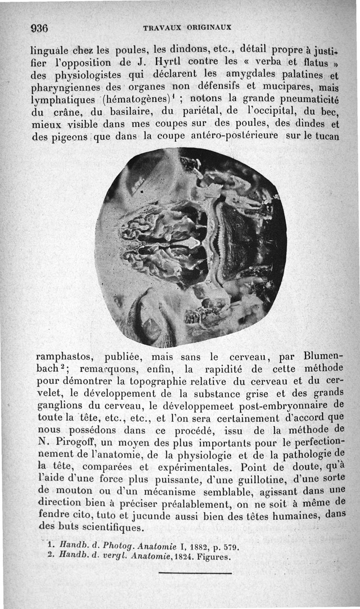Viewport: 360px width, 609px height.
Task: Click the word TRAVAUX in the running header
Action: click(159, 28)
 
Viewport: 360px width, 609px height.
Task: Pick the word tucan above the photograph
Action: click(327, 136)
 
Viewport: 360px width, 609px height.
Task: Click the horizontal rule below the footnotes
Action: click(195, 573)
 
